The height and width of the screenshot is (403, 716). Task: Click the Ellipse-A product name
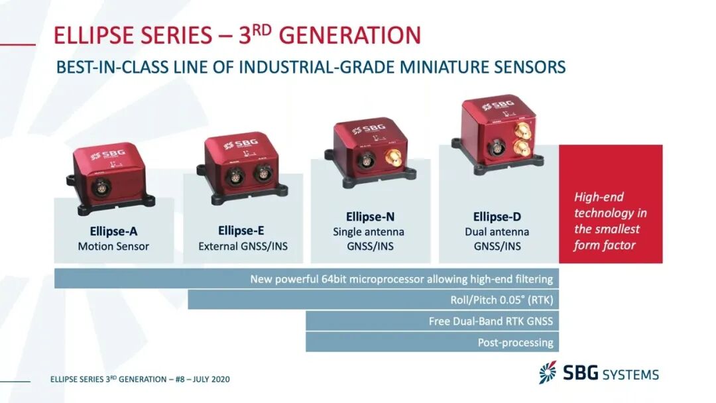113,232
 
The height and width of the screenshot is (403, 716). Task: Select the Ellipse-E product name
242,231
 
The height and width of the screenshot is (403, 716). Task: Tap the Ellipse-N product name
369,217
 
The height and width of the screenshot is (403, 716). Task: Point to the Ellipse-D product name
497,217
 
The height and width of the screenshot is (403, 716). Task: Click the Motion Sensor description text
113,247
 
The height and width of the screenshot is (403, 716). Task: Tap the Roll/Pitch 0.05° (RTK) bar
371,300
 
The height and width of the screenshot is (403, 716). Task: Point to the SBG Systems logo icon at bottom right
548,373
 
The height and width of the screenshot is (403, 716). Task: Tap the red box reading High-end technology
610,204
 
